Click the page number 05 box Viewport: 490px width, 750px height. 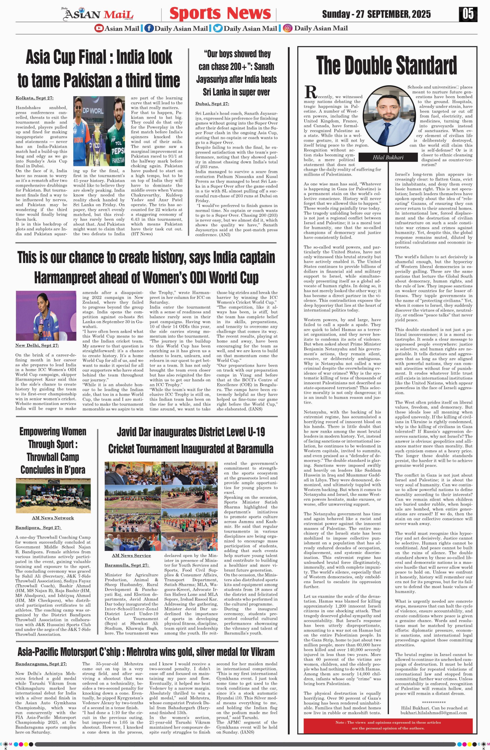click(468, 14)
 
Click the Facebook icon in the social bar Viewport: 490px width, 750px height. click(149, 28)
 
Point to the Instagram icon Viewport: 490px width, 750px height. click(287, 28)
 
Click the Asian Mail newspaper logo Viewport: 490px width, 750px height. click(99, 14)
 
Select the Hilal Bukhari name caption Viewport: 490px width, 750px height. click(388, 157)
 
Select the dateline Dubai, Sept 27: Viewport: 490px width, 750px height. click(212, 104)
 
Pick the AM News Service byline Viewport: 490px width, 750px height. click(131, 556)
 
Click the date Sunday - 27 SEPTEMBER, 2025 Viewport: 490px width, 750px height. click(376, 14)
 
